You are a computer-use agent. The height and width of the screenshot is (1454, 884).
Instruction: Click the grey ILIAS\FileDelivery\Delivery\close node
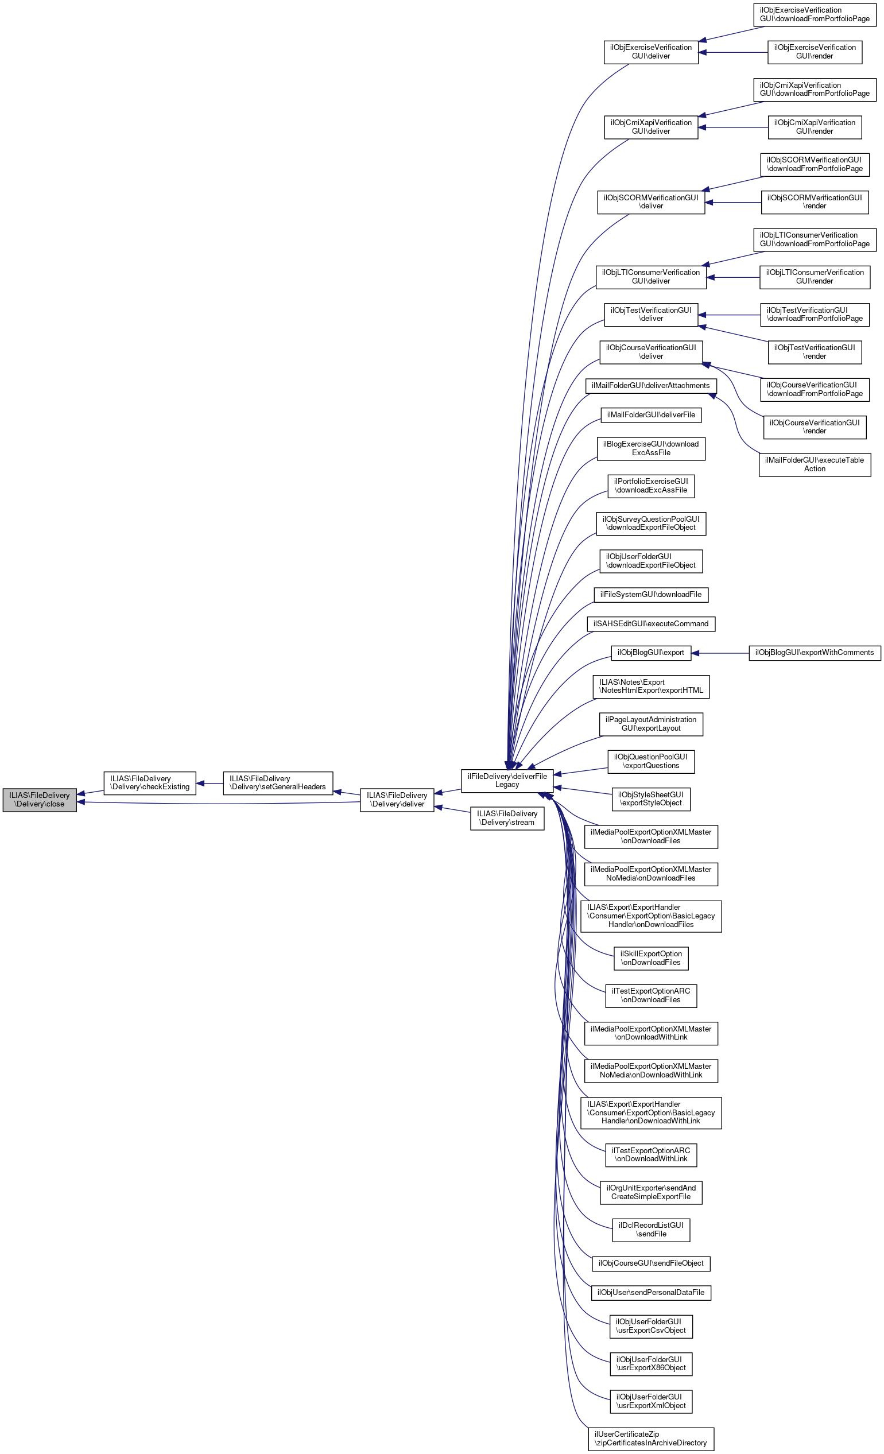point(40,800)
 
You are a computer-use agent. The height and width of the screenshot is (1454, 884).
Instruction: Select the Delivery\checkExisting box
point(149,782)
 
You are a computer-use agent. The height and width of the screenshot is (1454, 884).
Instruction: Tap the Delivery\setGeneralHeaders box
point(277,782)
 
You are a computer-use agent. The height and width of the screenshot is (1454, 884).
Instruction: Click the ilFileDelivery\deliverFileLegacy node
point(507,780)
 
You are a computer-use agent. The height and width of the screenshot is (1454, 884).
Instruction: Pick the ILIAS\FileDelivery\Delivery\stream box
point(507,818)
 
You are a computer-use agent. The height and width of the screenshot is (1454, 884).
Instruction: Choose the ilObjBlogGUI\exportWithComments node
point(815,653)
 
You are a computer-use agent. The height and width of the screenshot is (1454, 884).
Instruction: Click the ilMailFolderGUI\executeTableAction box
point(815,464)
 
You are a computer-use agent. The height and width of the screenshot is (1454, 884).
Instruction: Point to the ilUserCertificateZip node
point(650,1439)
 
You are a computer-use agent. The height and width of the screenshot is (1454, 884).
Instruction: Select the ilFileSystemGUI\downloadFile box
point(650,594)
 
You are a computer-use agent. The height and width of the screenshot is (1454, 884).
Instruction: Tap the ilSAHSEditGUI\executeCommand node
point(650,624)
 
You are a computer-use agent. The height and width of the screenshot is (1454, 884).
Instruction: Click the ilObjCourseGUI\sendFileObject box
point(650,1263)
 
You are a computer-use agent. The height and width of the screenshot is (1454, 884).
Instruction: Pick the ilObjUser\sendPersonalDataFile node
point(650,1292)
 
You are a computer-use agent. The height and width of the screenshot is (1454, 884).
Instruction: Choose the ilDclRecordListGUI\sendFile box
point(650,1230)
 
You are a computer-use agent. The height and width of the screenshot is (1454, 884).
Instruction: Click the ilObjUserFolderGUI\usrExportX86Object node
point(650,1364)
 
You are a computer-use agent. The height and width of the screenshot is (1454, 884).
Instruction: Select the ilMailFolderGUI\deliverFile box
point(650,415)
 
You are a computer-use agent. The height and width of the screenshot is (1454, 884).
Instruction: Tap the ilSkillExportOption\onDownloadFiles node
point(650,957)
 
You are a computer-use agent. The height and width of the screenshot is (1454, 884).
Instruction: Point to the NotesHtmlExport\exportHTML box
point(650,687)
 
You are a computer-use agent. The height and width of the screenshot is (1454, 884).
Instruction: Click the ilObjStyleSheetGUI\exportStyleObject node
point(650,799)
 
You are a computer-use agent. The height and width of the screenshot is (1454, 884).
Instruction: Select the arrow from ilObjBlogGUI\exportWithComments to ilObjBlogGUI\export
point(720,653)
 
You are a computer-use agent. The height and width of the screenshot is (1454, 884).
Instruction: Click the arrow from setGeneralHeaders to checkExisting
point(210,783)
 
